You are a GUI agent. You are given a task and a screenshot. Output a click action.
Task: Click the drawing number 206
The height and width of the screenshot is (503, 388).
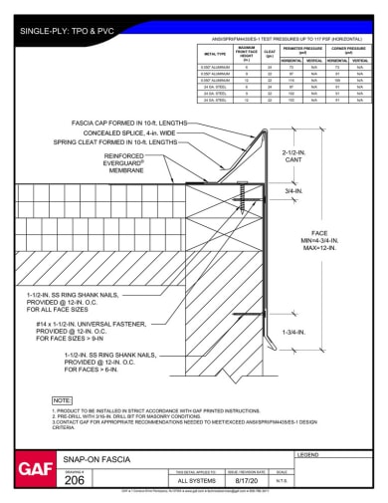(74, 480)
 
